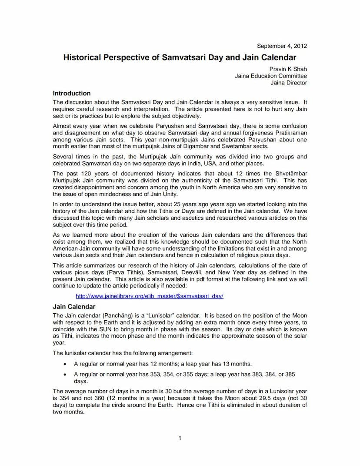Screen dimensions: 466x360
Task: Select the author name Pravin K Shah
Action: click(x=288, y=69)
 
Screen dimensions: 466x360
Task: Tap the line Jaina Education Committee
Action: click(x=270, y=76)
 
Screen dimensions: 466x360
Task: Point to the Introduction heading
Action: click(x=72, y=93)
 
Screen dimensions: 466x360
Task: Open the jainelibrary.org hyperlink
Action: click(x=150, y=296)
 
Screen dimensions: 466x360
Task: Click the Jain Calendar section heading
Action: click(x=74, y=307)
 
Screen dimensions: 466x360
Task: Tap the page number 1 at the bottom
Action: click(x=180, y=438)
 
